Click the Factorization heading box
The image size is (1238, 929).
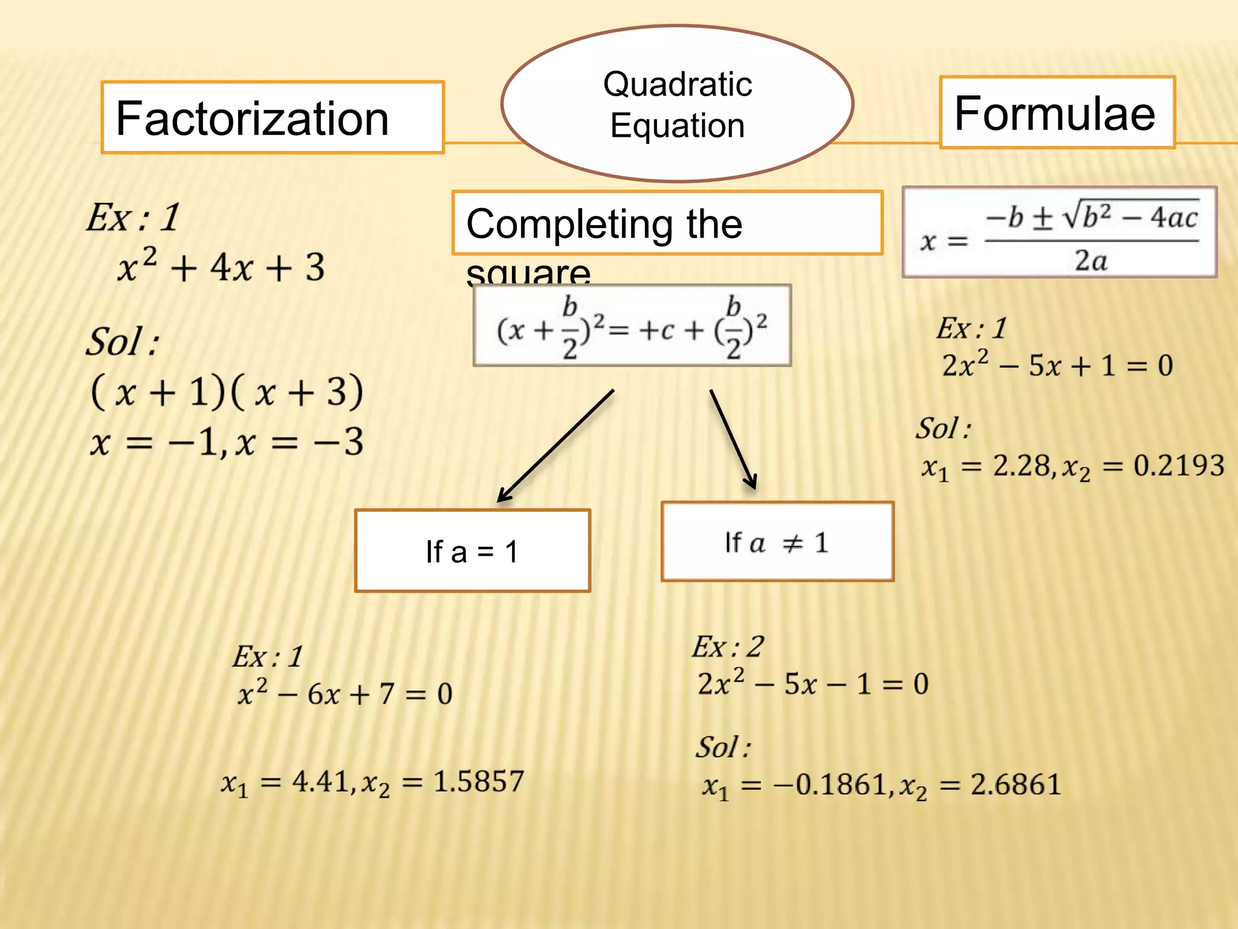coord(273,117)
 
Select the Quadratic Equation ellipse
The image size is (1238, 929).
coord(677,103)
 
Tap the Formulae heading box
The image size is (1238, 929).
coord(1057,113)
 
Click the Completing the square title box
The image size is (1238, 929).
coord(667,223)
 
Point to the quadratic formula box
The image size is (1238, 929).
coord(1059,233)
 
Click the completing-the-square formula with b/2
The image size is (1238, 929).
coord(632,326)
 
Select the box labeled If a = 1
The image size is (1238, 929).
coord(473,551)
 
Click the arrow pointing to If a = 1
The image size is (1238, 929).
coord(555,446)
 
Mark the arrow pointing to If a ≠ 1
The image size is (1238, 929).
coord(733,438)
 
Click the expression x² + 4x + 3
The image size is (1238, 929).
coord(221,267)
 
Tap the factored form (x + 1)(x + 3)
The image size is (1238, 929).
coord(227,392)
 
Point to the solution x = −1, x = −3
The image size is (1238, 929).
coord(227,442)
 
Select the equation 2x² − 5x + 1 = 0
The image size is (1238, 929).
coord(1057,365)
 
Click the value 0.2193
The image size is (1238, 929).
coord(1179,466)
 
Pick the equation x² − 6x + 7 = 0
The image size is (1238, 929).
coord(345,693)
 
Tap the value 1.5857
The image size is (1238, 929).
coord(479,781)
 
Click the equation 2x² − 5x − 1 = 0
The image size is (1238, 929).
coord(813,684)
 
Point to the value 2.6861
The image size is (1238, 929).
coord(1016,784)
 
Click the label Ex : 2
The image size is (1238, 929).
coord(728,647)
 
